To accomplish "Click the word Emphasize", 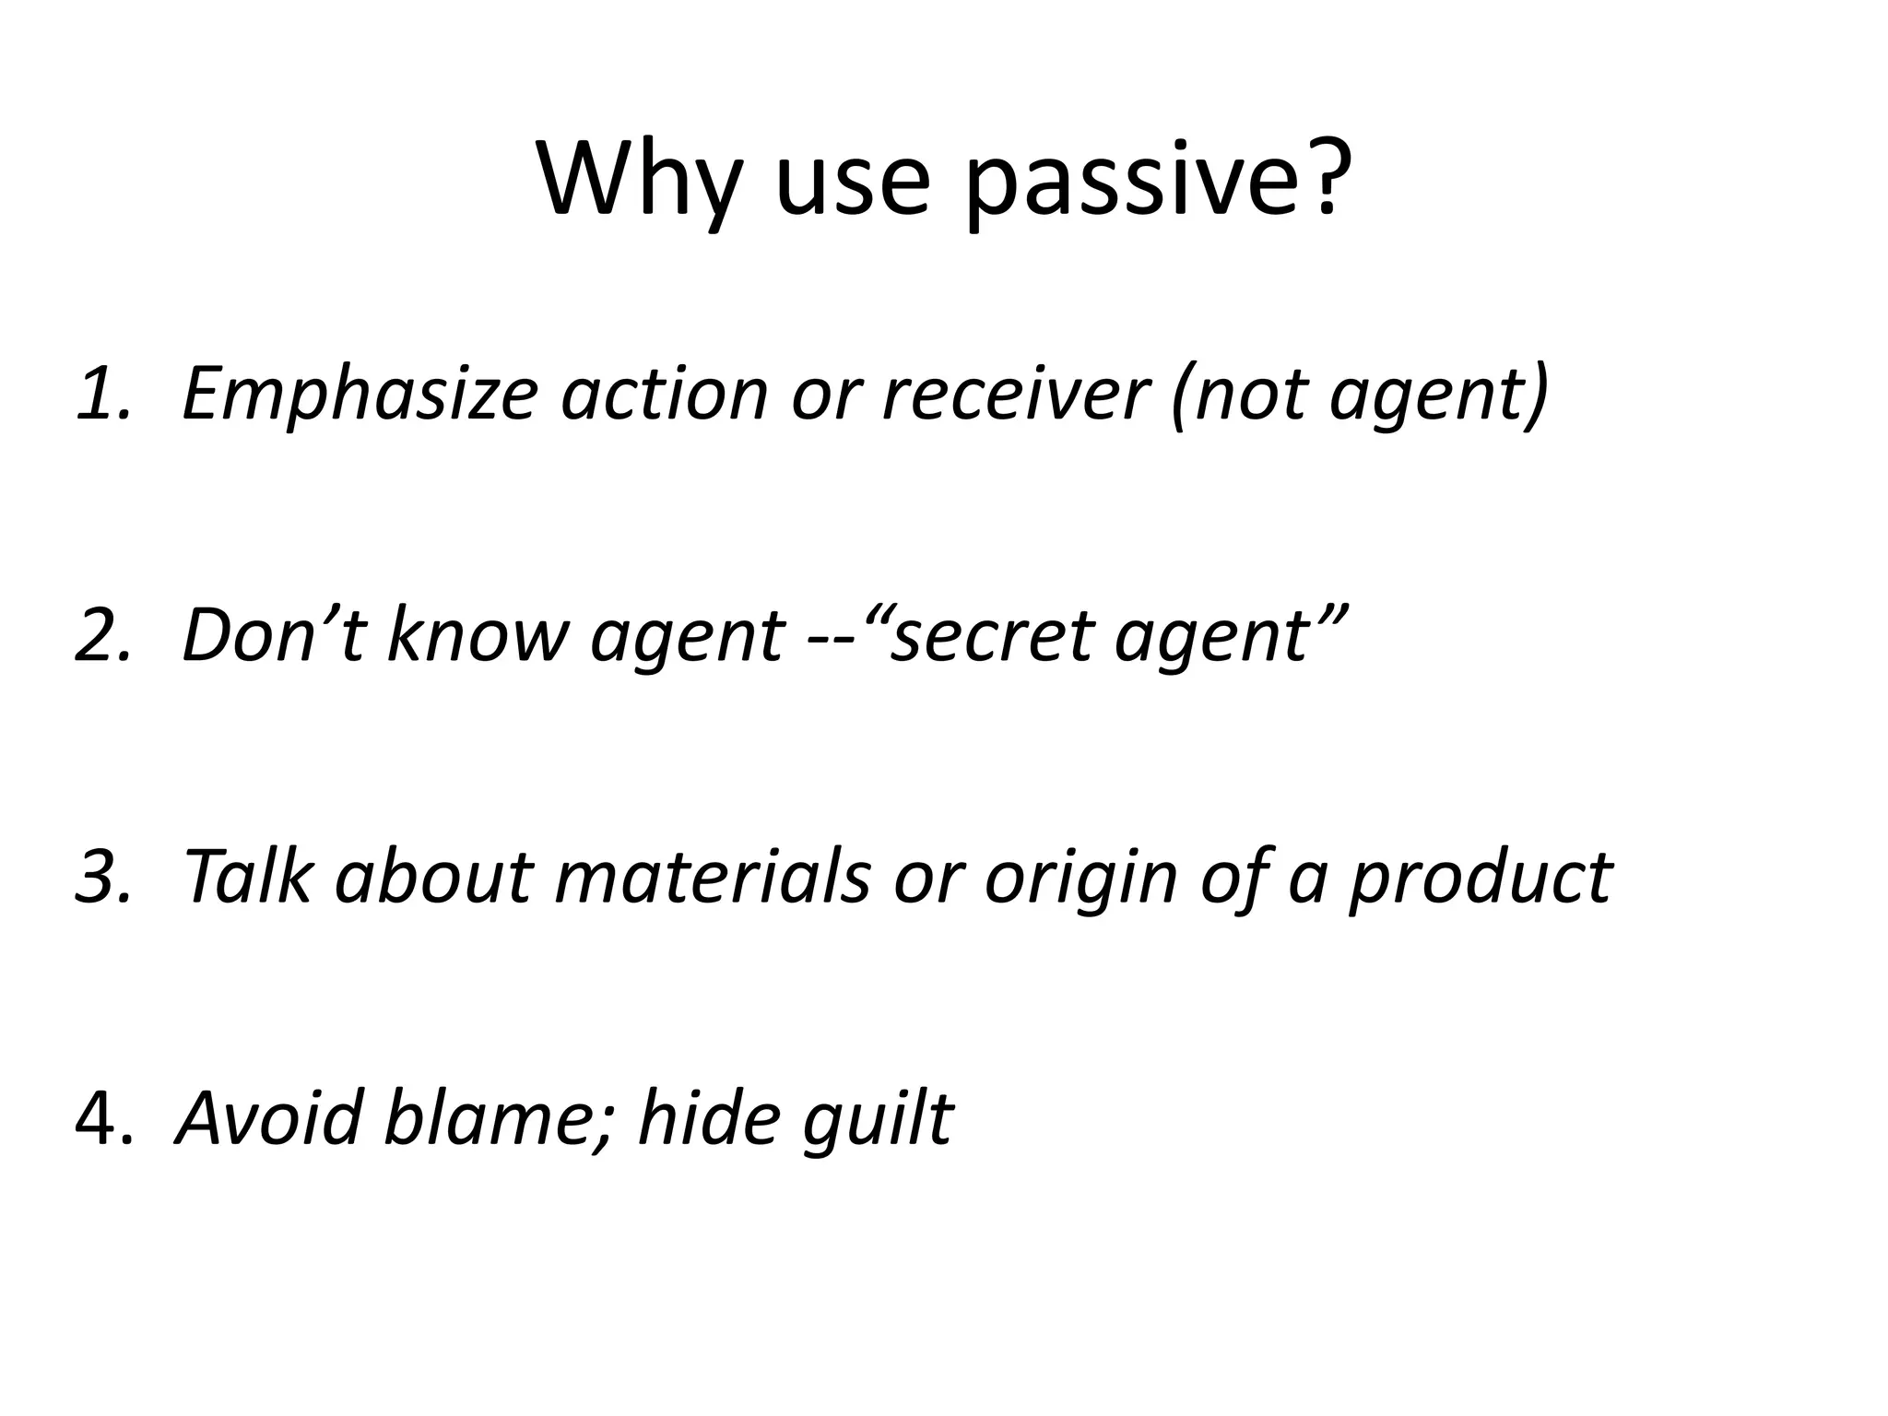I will [x=359, y=394].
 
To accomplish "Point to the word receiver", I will [x=1013, y=394].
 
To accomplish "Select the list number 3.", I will [x=101, y=876].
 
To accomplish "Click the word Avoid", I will [x=267, y=1117].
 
